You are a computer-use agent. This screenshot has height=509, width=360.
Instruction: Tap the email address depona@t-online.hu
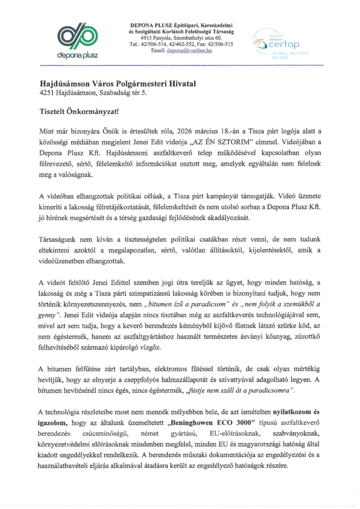[189, 51]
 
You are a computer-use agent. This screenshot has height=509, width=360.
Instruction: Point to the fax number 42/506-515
[223, 44]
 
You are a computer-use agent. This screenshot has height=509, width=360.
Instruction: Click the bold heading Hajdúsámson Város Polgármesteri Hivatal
[118, 83]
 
